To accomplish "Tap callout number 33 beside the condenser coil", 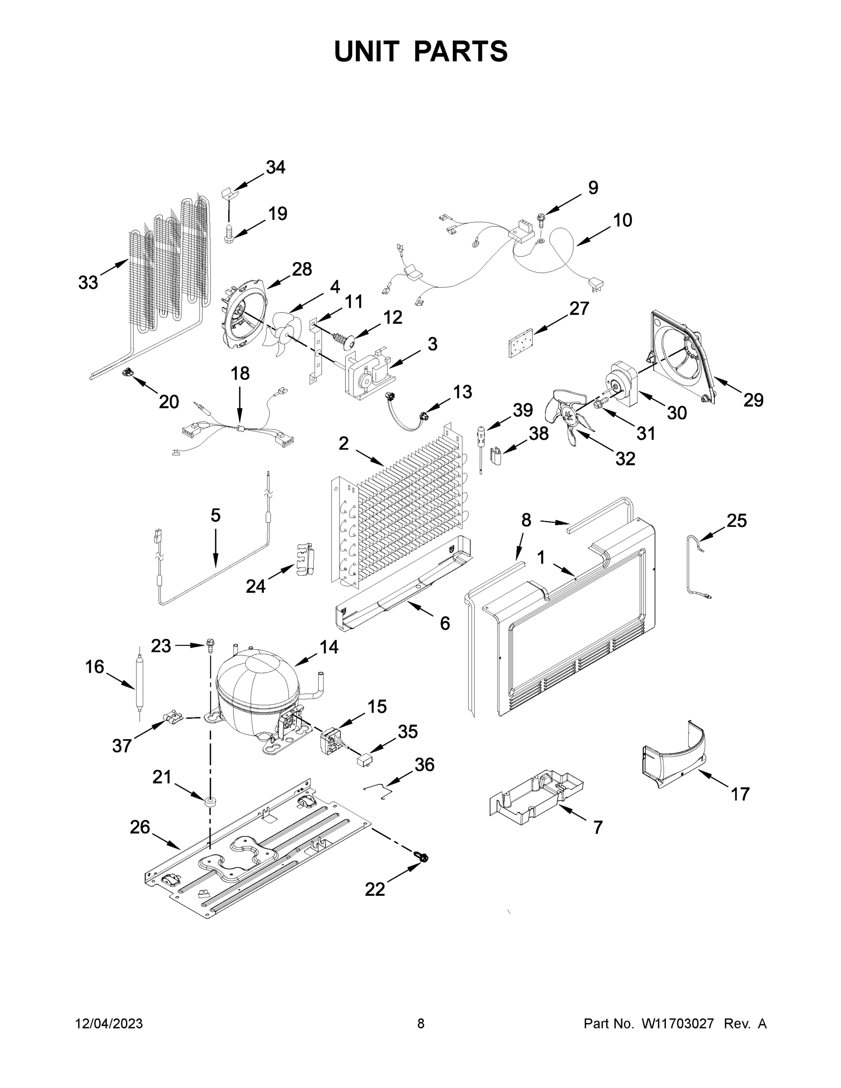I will coord(88,282).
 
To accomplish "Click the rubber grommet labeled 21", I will coord(210,801).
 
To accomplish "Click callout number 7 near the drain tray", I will coord(598,827).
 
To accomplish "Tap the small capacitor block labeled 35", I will coord(364,774).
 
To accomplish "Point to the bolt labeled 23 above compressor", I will coord(210,646).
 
